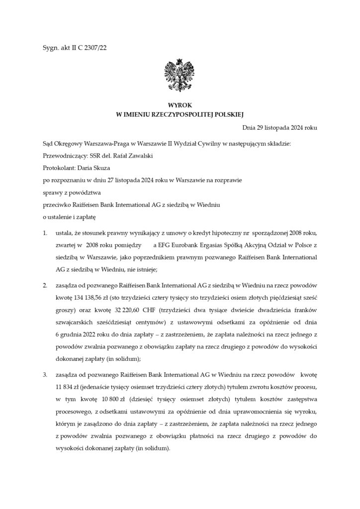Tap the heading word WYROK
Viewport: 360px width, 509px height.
(179, 105)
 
